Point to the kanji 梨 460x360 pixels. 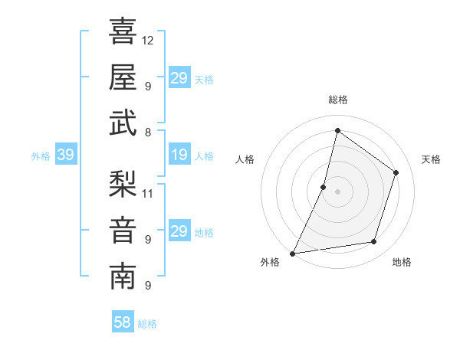123,184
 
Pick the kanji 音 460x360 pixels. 123,231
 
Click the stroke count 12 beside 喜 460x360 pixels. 148,39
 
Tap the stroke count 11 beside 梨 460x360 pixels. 148,192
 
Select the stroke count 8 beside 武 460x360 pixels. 148,131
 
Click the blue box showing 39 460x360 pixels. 65,155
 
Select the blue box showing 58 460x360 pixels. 123,322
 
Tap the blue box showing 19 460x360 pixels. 179,155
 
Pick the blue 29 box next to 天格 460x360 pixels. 179,78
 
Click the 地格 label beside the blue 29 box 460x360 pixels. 204,233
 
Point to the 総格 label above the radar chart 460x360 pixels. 337,100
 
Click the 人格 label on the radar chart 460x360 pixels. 245,159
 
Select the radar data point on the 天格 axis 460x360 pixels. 396,172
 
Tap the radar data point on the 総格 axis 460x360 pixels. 337,131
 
